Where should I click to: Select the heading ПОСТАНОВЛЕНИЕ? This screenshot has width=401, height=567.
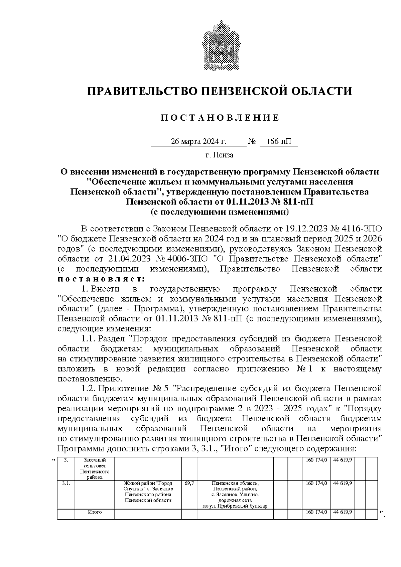point(220,118)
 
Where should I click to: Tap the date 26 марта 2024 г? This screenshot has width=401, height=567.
point(198,142)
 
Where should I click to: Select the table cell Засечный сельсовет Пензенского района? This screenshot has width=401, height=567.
point(95,468)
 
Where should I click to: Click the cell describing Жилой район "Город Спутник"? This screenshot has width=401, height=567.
point(148,492)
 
